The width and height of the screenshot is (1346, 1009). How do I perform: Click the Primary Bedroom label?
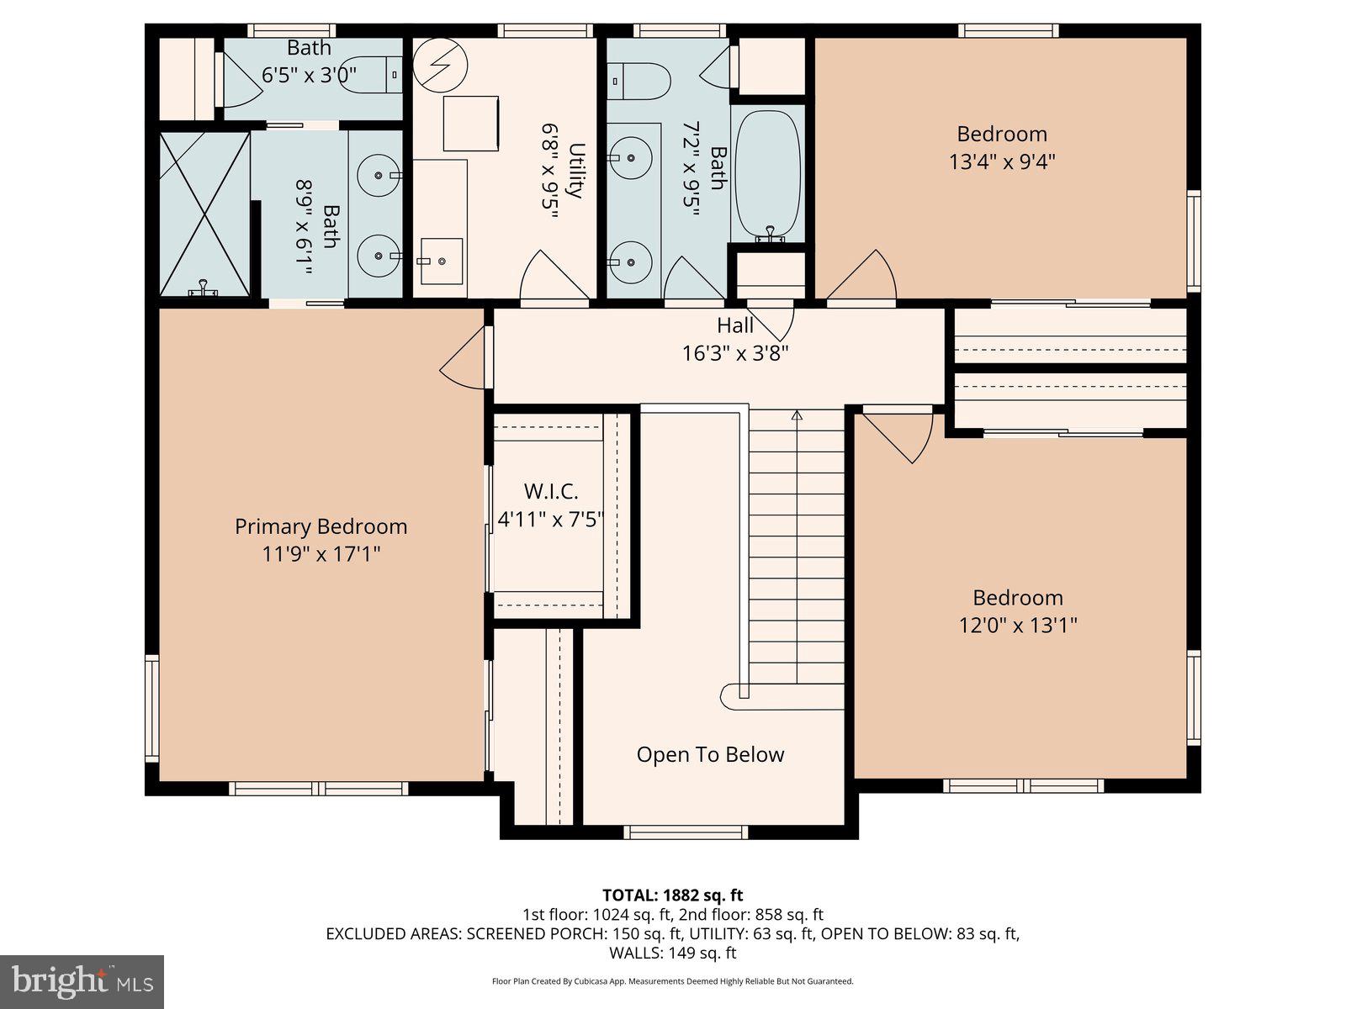point(321,526)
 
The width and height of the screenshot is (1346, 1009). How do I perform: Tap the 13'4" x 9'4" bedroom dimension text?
point(1002,161)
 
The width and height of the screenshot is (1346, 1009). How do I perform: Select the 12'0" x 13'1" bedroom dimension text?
point(1018,626)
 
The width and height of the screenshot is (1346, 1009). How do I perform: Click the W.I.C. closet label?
point(551,492)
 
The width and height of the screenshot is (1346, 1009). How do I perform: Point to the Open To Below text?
point(710,754)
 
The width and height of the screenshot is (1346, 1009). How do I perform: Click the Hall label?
point(735,325)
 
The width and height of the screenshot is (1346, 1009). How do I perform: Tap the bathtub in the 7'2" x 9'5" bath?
point(767,175)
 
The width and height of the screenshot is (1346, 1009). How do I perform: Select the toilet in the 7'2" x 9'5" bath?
point(639,82)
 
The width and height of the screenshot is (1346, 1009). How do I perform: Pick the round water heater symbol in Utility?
point(439,64)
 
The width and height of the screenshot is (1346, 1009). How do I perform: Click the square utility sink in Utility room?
point(440,261)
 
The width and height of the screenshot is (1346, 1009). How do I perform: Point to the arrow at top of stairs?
point(797,415)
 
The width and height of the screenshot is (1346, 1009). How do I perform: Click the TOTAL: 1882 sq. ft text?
point(672,895)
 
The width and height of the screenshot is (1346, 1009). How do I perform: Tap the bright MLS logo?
point(82,981)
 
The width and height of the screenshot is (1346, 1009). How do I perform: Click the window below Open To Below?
point(686,832)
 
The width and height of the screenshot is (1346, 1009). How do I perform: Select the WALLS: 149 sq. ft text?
point(672,953)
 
